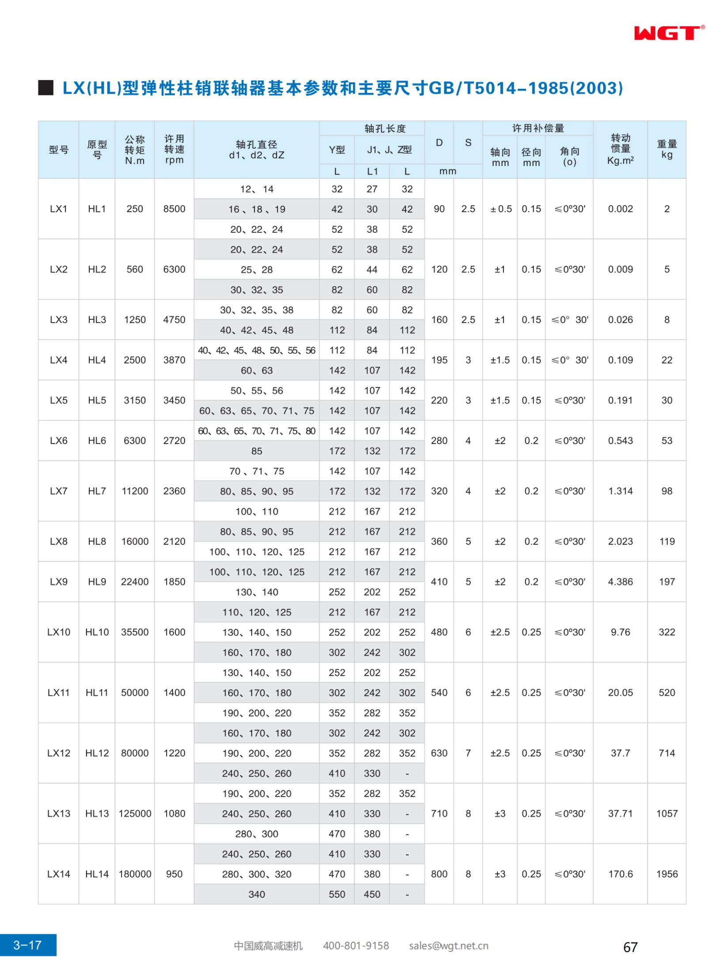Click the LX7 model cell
click(58, 491)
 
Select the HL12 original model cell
click(97, 753)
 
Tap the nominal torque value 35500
click(135, 632)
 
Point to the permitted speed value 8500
click(174, 209)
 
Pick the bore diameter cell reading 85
click(256, 451)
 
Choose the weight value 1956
click(666, 874)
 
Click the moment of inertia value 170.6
click(620, 874)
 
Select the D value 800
click(439, 874)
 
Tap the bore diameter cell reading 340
click(256, 894)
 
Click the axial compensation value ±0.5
click(500, 209)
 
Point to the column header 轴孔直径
click(256, 149)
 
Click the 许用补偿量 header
click(538, 128)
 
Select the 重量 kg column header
click(666, 149)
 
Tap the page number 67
click(630, 947)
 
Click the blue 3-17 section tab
click(28, 945)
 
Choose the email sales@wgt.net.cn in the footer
click(448, 945)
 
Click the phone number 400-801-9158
click(356, 945)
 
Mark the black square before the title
click(45, 88)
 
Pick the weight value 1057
click(666, 813)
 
